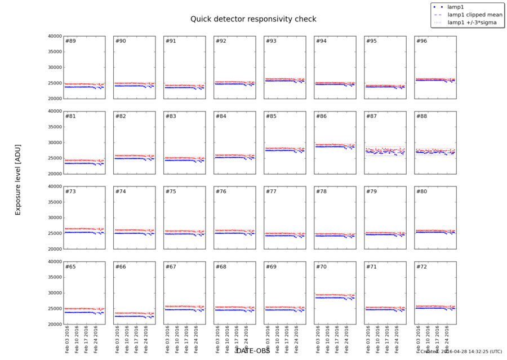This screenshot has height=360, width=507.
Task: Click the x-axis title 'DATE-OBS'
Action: click(253, 350)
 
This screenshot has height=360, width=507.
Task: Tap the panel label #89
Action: click(70, 41)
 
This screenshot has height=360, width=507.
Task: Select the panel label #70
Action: click(321, 266)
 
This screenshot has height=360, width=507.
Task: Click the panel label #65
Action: click(70, 266)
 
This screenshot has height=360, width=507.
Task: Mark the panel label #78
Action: click(321, 192)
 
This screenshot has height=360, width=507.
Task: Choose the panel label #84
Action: click(221, 116)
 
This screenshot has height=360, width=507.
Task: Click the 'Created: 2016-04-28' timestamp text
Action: click(461, 352)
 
